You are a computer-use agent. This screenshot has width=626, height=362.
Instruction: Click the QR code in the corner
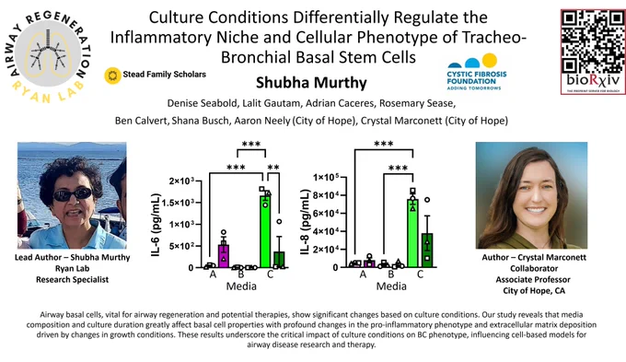tap(593, 41)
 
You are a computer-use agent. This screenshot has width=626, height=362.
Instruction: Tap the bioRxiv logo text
tap(593, 80)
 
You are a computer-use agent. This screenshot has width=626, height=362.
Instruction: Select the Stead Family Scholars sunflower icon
tap(112, 76)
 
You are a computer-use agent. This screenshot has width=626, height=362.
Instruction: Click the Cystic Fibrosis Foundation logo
tap(476, 72)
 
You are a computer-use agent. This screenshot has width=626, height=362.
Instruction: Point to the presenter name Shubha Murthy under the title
tap(311, 83)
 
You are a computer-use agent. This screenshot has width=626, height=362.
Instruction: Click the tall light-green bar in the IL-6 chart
tap(265, 231)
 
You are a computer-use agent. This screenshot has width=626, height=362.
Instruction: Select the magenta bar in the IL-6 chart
tap(223, 256)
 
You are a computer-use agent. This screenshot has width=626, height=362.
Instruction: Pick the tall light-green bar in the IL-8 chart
tap(412, 233)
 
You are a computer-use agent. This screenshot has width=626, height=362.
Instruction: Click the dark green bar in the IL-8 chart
tap(427, 251)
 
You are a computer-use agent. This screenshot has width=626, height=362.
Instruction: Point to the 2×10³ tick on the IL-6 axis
tap(181, 181)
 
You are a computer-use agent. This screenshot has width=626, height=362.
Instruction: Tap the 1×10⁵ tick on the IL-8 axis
tap(326, 178)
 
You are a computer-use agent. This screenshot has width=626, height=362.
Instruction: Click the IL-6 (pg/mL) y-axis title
tap(156, 225)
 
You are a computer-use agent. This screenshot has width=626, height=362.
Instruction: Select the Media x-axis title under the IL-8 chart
tap(391, 286)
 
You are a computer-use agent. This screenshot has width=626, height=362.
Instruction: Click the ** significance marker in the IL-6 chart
tap(273, 168)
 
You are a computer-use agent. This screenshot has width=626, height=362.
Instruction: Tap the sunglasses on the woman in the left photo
tap(73, 194)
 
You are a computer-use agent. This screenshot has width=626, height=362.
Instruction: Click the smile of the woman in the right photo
tap(535, 210)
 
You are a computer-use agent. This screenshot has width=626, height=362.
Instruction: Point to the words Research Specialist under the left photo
tap(72, 280)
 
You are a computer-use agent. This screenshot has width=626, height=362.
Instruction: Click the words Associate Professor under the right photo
tap(533, 280)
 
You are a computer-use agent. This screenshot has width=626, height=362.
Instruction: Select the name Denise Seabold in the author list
tap(202, 103)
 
